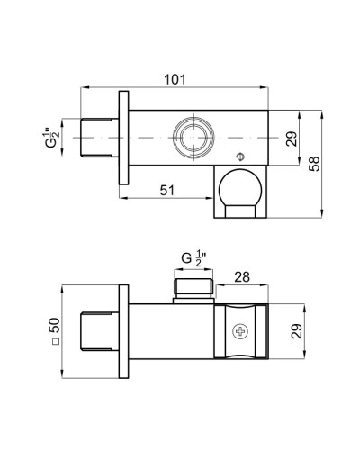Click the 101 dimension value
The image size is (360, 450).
tap(175, 79)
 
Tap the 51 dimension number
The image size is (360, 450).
tap(166, 190)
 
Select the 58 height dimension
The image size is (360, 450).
tap(315, 164)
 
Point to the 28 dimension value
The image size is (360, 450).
tap(242, 277)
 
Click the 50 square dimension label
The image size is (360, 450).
tap(55, 325)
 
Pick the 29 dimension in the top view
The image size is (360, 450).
tap(292, 139)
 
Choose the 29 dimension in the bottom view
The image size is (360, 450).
tap(297, 331)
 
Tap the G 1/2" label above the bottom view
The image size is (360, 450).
tap(193, 259)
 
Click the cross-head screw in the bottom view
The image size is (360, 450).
tap(240, 331)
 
